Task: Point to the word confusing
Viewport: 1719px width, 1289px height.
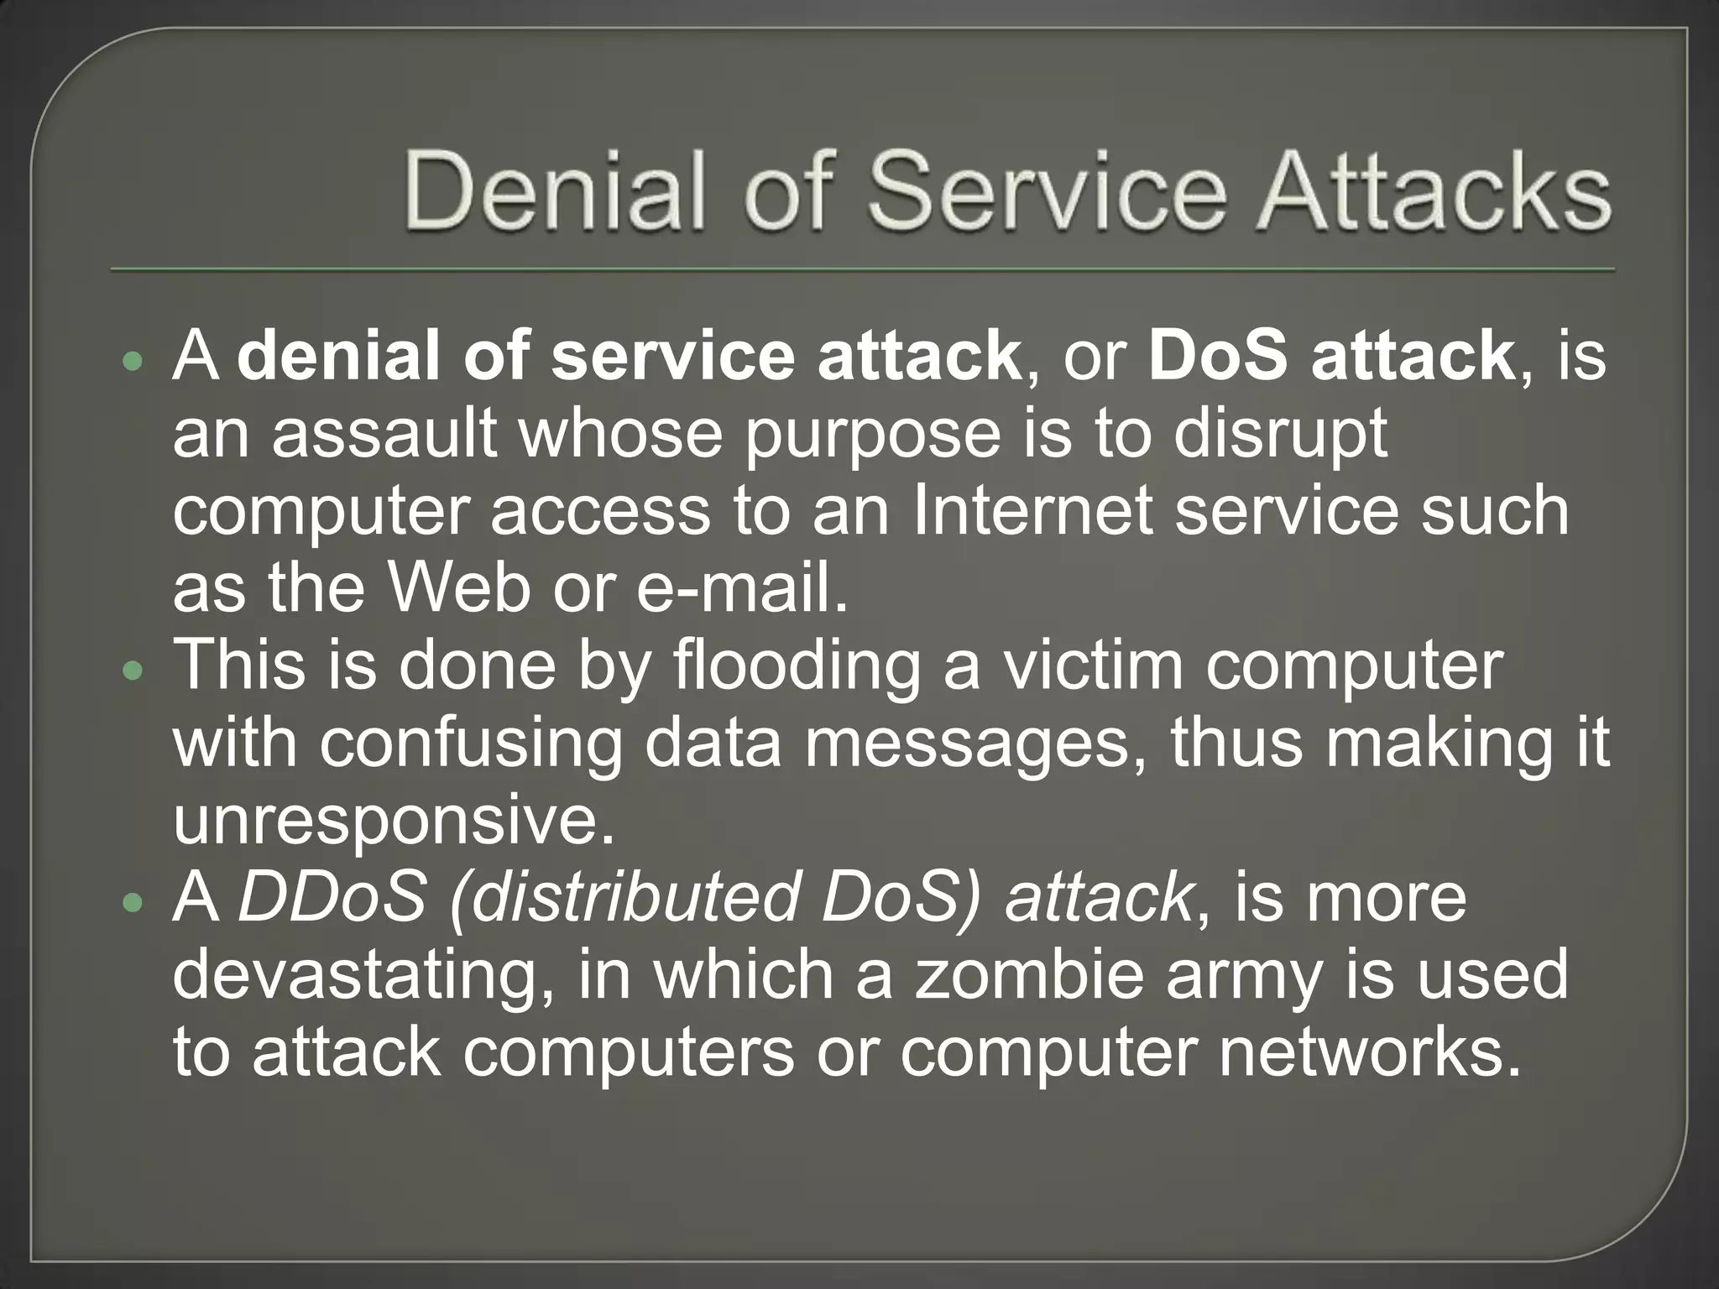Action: (471, 744)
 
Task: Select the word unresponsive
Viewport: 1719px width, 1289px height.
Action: (394, 821)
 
